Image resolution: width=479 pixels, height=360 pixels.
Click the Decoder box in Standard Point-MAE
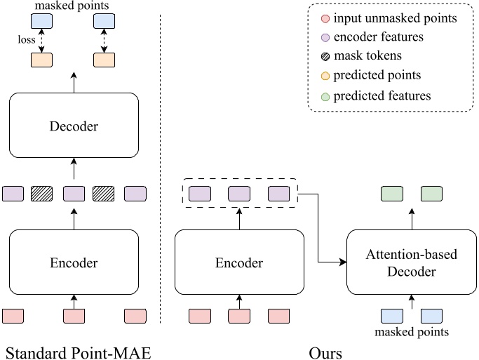point(74,128)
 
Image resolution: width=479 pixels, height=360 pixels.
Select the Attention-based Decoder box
point(411,262)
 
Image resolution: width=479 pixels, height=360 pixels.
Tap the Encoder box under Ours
point(239,263)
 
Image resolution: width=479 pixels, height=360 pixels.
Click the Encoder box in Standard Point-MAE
point(74,263)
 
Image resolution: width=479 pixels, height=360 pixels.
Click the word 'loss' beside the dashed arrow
point(26,41)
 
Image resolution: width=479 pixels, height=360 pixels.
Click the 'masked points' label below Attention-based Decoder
point(411,331)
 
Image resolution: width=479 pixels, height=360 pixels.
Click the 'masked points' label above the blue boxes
point(74,6)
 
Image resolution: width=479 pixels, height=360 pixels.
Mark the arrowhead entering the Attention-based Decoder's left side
point(344,263)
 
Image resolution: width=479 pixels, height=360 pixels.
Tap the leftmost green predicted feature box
point(391,193)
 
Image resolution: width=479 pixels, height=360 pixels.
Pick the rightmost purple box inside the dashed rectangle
point(279,193)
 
